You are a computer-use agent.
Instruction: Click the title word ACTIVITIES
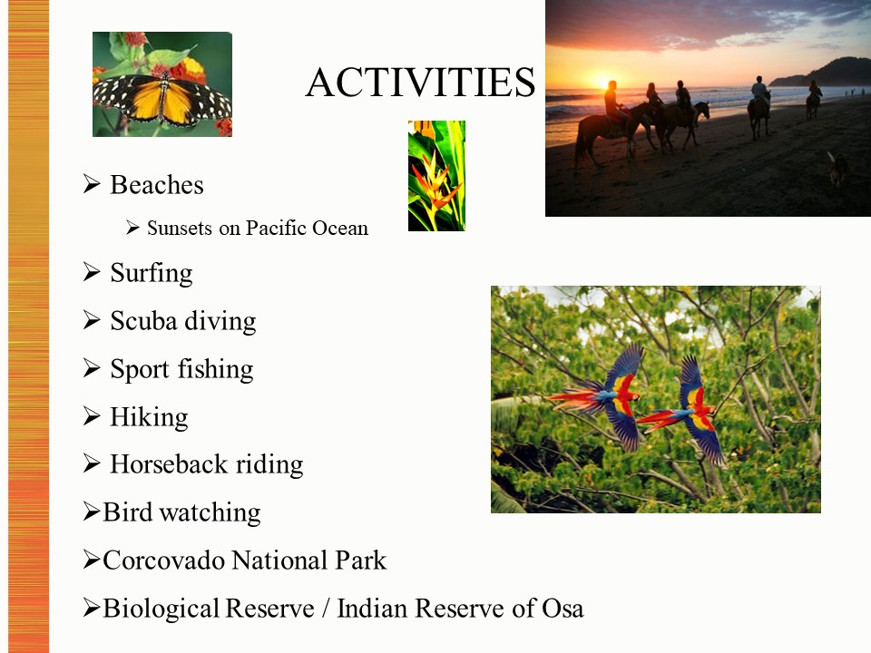[x=420, y=83]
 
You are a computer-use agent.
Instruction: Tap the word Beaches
[x=157, y=185]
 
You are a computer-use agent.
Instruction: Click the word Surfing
[x=152, y=273]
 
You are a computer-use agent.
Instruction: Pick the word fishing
[x=216, y=369]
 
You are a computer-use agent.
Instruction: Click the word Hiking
[x=149, y=417]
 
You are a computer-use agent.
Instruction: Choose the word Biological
[x=161, y=609]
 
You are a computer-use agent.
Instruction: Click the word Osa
[x=563, y=609]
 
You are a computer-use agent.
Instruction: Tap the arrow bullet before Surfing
[x=92, y=272]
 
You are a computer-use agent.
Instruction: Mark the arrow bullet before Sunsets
[x=132, y=228]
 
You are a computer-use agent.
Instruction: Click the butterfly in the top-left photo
[x=162, y=99]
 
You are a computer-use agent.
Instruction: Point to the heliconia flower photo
[x=436, y=175]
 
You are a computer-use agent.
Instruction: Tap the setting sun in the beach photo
[x=604, y=83]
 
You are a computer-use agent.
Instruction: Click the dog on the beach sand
[x=837, y=169]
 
